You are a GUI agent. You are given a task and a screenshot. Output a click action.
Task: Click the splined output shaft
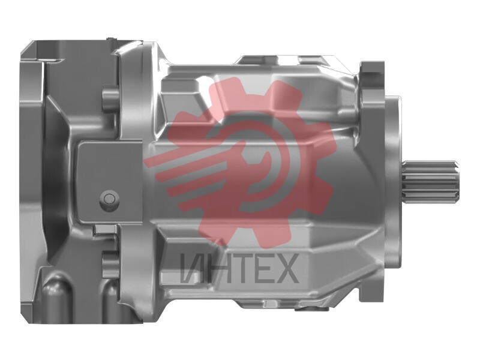pos(431,182)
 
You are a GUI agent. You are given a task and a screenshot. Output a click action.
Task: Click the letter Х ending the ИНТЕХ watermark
pos(286,268)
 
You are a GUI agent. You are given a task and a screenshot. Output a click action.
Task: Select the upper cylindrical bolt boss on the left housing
pos(110,100)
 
